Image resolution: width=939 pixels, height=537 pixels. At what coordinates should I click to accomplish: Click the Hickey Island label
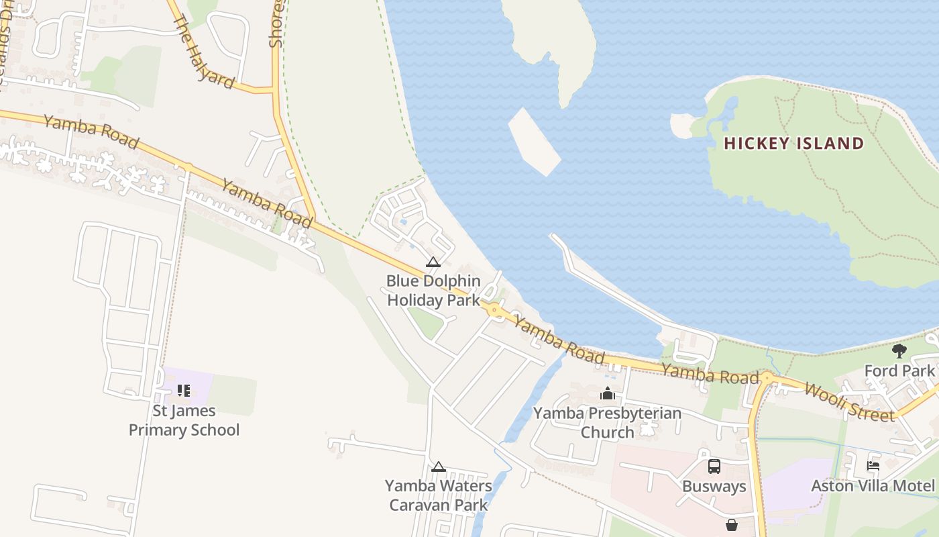point(793,143)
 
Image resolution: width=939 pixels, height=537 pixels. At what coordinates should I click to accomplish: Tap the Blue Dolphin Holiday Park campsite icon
point(433,262)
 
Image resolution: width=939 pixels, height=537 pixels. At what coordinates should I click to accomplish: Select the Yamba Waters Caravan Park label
point(438,495)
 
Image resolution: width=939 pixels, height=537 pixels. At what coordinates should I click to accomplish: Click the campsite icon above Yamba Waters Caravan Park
point(438,467)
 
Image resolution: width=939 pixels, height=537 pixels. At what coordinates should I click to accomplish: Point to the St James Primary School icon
point(184,390)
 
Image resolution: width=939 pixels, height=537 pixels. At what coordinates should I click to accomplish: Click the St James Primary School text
point(184,420)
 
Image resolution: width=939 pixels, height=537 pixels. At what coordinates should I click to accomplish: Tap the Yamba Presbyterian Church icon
point(608,393)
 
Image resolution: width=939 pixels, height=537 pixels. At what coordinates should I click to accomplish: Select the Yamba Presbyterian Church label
point(608,422)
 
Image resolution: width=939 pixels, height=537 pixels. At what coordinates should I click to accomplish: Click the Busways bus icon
point(714,466)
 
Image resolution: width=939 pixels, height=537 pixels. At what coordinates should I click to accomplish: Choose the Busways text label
point(714,486)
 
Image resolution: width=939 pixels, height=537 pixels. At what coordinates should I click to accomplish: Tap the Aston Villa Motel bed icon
point(873,465)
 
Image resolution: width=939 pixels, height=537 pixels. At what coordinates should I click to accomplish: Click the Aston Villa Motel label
point(873,485)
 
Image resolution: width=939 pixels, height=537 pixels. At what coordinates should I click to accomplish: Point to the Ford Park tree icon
point(899,350)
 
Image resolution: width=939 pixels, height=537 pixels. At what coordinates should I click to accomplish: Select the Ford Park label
point(899,371)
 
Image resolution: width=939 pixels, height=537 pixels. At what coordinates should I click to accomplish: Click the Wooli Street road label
point(848,402)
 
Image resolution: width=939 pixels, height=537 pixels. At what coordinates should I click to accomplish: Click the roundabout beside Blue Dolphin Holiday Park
point(494,310)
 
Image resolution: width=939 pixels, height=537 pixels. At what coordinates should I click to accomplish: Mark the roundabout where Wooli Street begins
point(768,379)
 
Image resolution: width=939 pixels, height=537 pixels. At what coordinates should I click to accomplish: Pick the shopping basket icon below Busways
point(731,524)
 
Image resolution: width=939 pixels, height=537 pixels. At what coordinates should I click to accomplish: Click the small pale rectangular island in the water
point(534,142)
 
